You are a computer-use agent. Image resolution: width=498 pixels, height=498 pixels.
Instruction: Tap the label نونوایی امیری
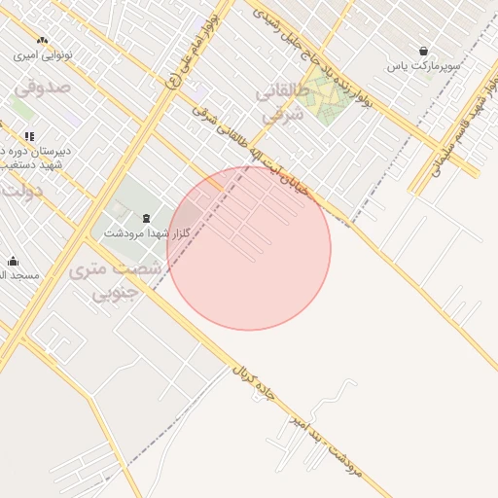43,55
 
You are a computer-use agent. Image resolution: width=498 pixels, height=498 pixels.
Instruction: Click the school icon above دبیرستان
29,136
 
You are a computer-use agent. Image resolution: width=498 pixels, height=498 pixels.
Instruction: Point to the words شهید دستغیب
23,166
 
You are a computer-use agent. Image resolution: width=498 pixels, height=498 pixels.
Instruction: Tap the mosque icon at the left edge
13,261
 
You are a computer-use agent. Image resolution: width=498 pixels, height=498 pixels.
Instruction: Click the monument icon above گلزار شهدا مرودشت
146,218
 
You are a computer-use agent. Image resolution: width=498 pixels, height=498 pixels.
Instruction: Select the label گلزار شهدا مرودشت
138,234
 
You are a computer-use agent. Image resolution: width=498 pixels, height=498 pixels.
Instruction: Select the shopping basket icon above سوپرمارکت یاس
423,51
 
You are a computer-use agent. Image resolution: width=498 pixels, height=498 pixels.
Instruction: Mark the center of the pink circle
249,248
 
